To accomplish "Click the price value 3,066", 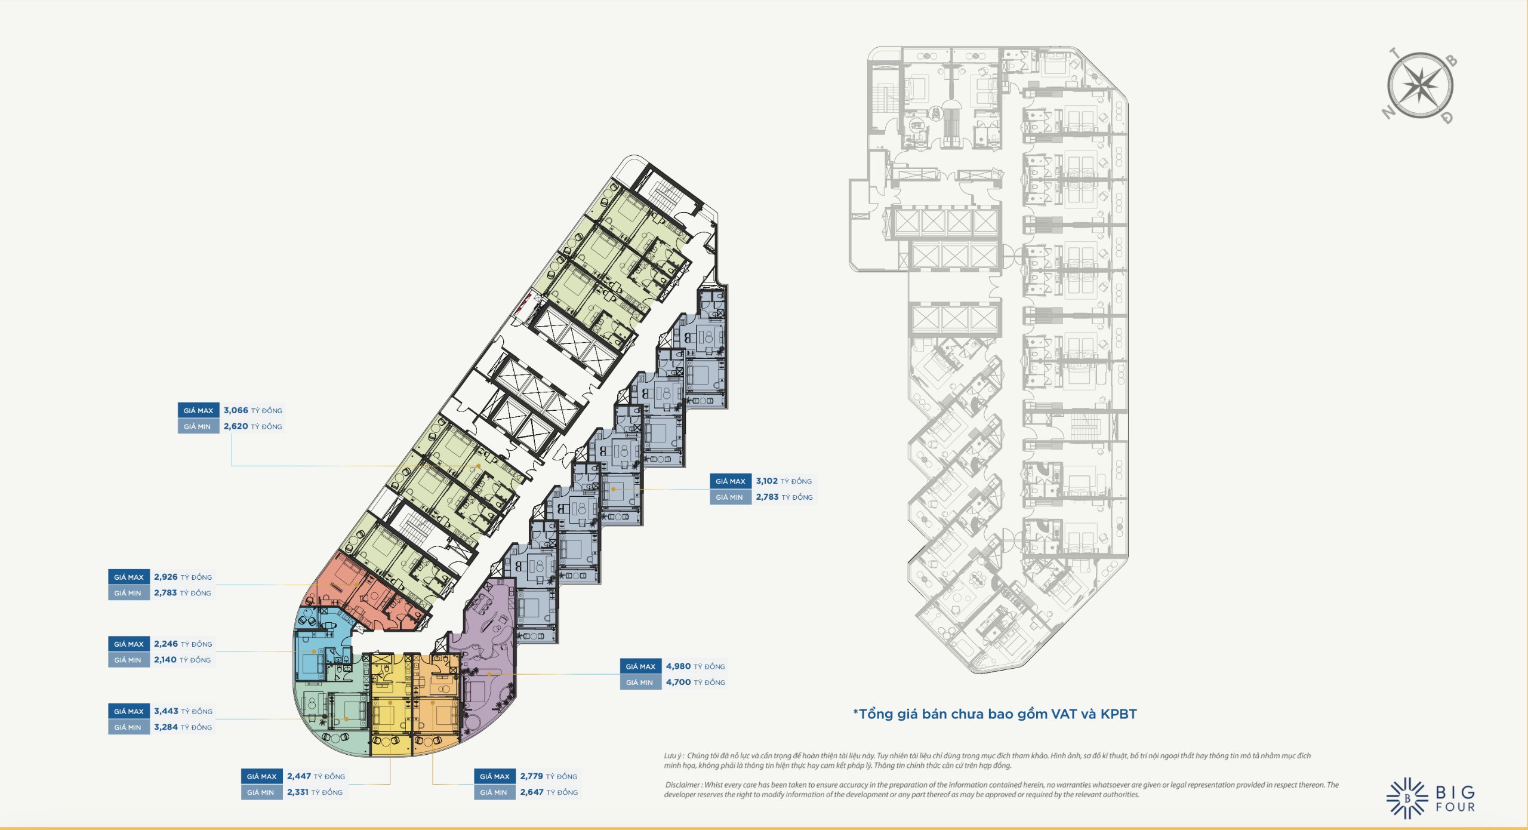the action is click(x=236, y=410).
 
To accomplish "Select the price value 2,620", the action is click(x=236, y=426).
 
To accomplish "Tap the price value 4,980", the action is click(x=678, y=666).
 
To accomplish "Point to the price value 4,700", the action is click(x=678, y=682).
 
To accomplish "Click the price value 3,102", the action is click(x=766, y=481).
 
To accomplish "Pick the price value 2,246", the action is click(x=166, y=644).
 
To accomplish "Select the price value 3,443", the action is click(x=166, y=711).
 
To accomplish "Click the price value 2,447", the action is click(x=299, y=776).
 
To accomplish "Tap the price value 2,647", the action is click(x=532, y=792).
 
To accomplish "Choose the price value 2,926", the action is click(x=166, y=577).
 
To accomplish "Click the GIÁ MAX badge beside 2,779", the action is click(x=495, y=776).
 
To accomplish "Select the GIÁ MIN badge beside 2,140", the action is click(x=128, y=660).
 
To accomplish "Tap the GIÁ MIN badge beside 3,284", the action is click(x=128, y=727).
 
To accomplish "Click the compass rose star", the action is click(x=1421, y=85).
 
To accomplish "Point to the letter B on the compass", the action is click(x=1452, y=60).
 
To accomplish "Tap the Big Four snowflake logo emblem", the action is click(x=1407, y=798).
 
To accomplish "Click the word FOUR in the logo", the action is click(x=1455, y=807).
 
